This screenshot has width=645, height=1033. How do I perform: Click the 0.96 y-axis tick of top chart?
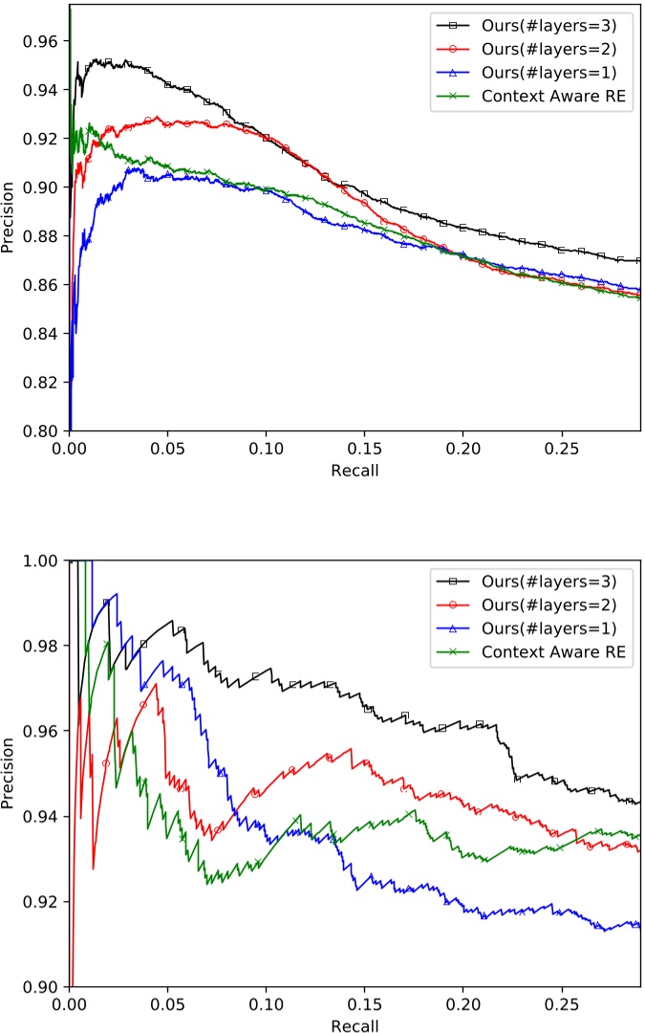(x=44, y=41)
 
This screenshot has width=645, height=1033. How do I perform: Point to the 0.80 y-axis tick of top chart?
(x=44, y=430)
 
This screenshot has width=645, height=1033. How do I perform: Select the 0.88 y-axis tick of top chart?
(x=44, y=236)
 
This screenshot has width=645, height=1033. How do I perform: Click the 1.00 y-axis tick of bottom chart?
(x=44, y=560)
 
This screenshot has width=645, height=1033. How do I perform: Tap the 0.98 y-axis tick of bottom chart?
(x=44, y=646)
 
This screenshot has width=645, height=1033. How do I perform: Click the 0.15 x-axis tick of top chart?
(x=364, y=447)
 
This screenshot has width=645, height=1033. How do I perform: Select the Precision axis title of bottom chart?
(x=10, y=773)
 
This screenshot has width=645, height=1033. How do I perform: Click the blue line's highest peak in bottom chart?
(x=116, y=594)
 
